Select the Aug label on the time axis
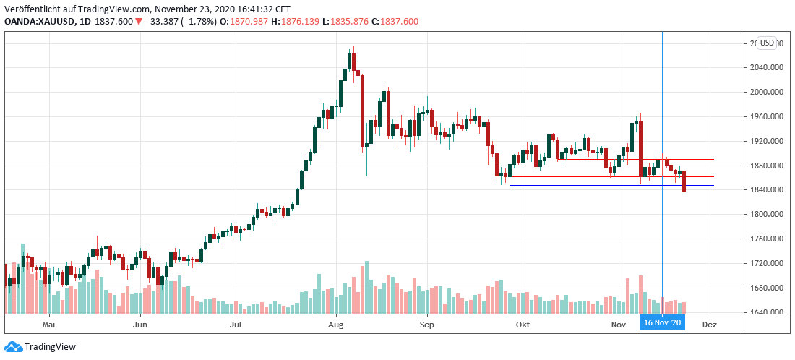point(335,326)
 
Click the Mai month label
point(49,326)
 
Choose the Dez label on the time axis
point(710,326)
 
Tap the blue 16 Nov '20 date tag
point(661,322)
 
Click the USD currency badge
point(766,43)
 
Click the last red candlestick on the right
point(684,181)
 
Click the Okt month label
point(522,326)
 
